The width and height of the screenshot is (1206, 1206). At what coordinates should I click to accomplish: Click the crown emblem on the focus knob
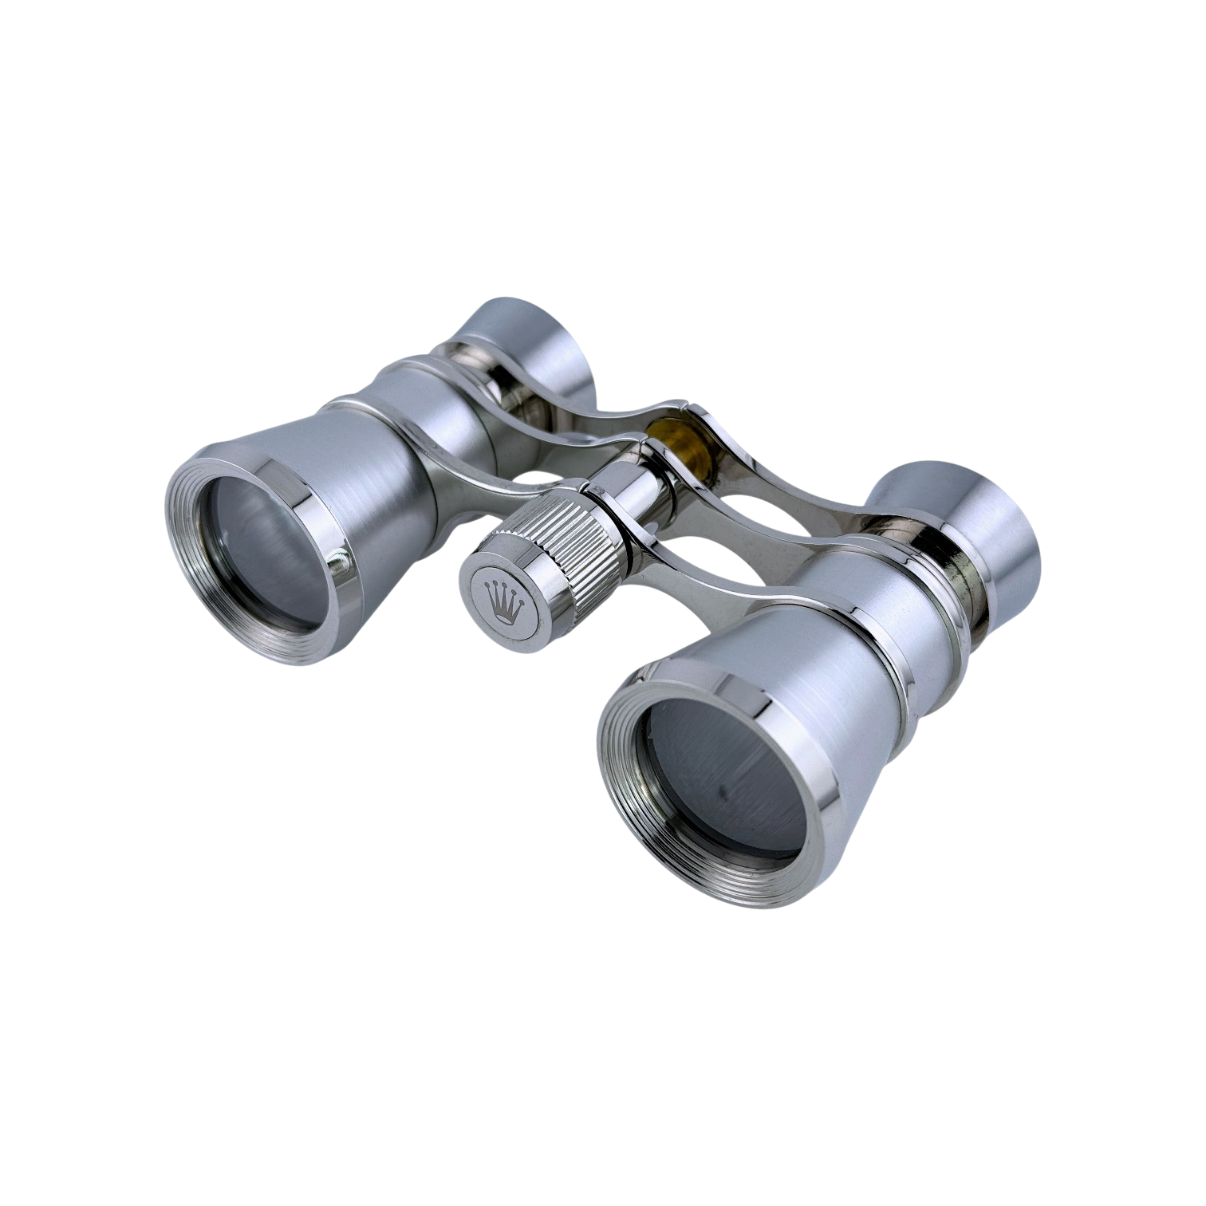tap(503, 597)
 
